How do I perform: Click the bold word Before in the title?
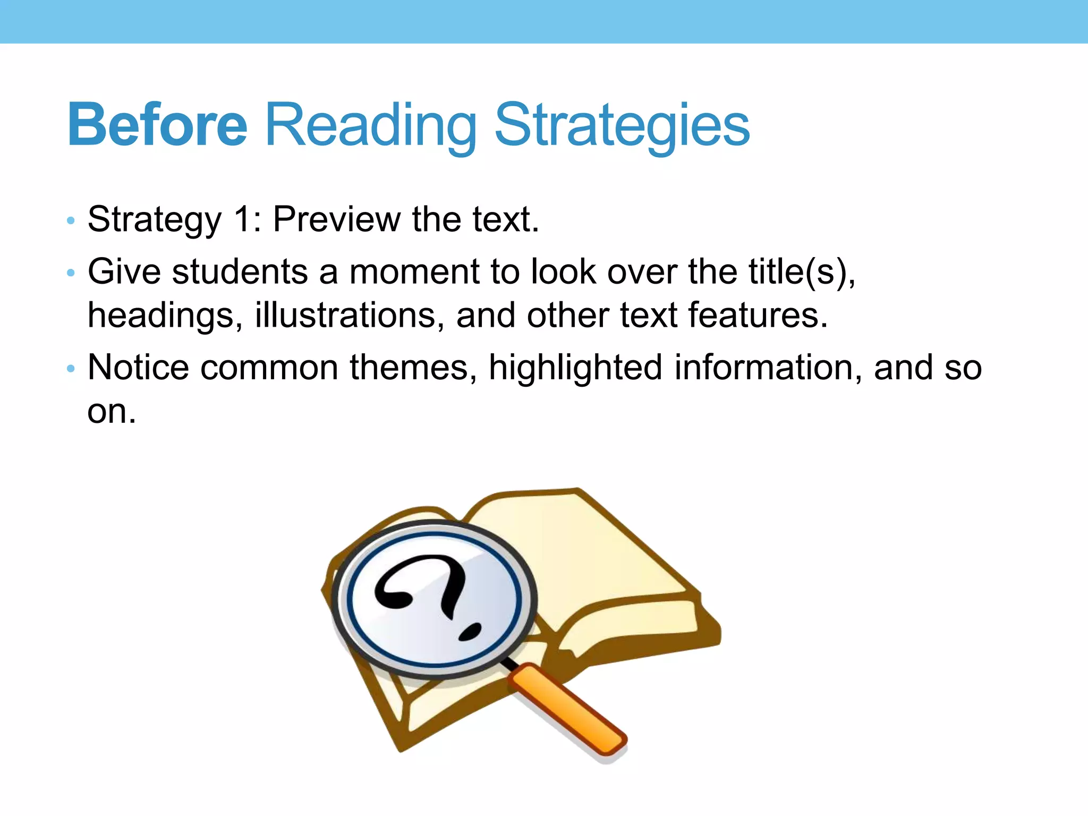[x=157, y=125]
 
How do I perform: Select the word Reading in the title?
[x=370, y=125]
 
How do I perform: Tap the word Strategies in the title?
[x=622, y=125]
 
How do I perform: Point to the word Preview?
[x=337, y=219]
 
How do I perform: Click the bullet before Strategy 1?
[x=71, y=221]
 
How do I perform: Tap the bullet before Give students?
[x=71, y=274]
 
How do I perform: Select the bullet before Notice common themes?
[x=71, y=369]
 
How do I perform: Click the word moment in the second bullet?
[x=414, y=272]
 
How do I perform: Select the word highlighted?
[x=575, y=368]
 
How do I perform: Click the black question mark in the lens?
[x=425, y=584]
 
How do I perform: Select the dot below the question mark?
[x=470, y=631]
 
